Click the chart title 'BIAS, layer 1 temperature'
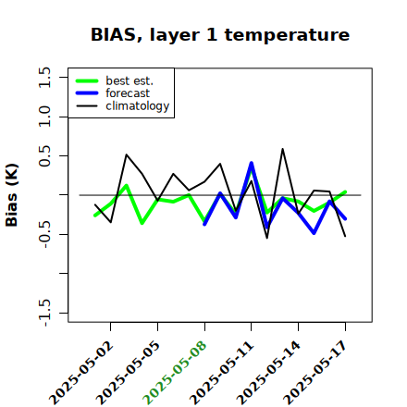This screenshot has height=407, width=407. (220, 35)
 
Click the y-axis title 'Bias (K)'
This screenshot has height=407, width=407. (12, 195)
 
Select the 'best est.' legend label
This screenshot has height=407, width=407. (129, 80)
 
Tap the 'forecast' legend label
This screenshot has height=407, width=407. (128, 93)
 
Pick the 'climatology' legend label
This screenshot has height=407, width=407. (138, 106)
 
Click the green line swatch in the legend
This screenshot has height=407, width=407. (87, 81)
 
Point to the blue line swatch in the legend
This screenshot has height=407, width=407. (87, 93)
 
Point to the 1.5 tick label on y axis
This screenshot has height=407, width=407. (44, 77)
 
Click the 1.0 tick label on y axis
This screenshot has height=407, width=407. (44, 117)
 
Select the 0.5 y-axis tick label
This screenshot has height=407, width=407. (44, 155)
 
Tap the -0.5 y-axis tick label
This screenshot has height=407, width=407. (44, 234)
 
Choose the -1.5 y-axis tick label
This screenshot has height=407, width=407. (44, 313)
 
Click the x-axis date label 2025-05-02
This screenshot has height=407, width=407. (81, 373)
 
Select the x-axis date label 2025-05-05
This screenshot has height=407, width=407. (129, 373)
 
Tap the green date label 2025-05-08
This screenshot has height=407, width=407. (175, 373)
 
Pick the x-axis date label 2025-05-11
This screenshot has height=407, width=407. (222, 373)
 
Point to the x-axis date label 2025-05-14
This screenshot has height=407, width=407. (269, 373)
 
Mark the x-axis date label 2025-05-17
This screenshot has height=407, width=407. (315, 373)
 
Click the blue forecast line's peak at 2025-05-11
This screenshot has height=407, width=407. (252, 163)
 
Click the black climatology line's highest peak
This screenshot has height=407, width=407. (282, 149)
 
